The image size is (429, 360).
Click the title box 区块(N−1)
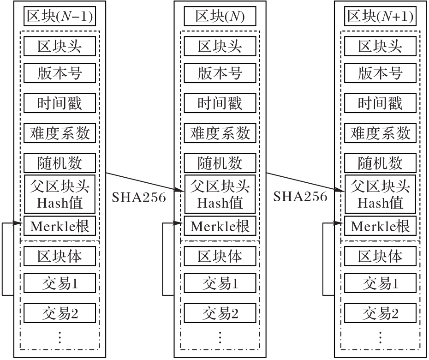click(60, 17)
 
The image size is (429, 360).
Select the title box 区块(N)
click(220, 17)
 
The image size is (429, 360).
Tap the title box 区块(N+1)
click(380, 17)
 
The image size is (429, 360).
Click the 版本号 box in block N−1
click(60, 73)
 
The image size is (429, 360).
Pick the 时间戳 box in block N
click(220, 103)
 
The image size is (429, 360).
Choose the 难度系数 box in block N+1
click(380, 133)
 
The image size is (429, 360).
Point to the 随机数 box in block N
click(220, 163)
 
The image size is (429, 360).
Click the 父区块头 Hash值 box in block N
click(220, 194)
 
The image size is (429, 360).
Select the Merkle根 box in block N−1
click(60, 226)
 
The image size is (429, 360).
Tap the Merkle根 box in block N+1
click(380, 226)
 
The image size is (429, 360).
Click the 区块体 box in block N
click(220, 256)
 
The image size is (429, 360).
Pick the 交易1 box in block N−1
click(60, 283)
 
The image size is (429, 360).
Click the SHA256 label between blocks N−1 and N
click(139, 197)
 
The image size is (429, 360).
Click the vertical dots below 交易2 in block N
click(220, 337)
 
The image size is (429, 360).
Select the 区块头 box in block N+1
click(380, 46)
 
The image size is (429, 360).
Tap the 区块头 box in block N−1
click(60, 46)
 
